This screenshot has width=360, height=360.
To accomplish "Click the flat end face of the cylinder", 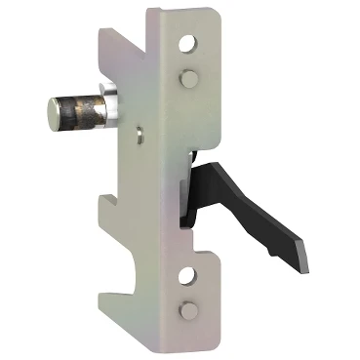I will (x=51, y=105).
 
